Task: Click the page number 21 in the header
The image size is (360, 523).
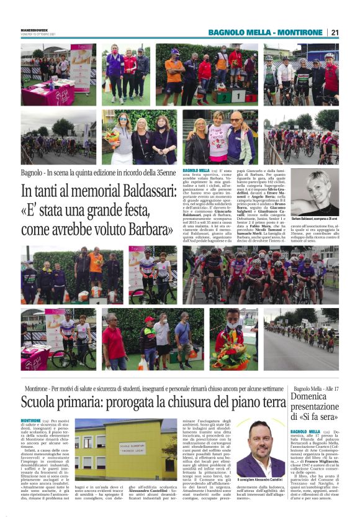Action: click(335, 32)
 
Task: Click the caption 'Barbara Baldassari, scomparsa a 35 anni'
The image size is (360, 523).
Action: click(315, 219)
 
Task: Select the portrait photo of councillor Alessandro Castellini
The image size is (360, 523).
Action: click(261, 448)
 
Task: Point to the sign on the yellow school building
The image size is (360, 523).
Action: click(133, 447)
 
